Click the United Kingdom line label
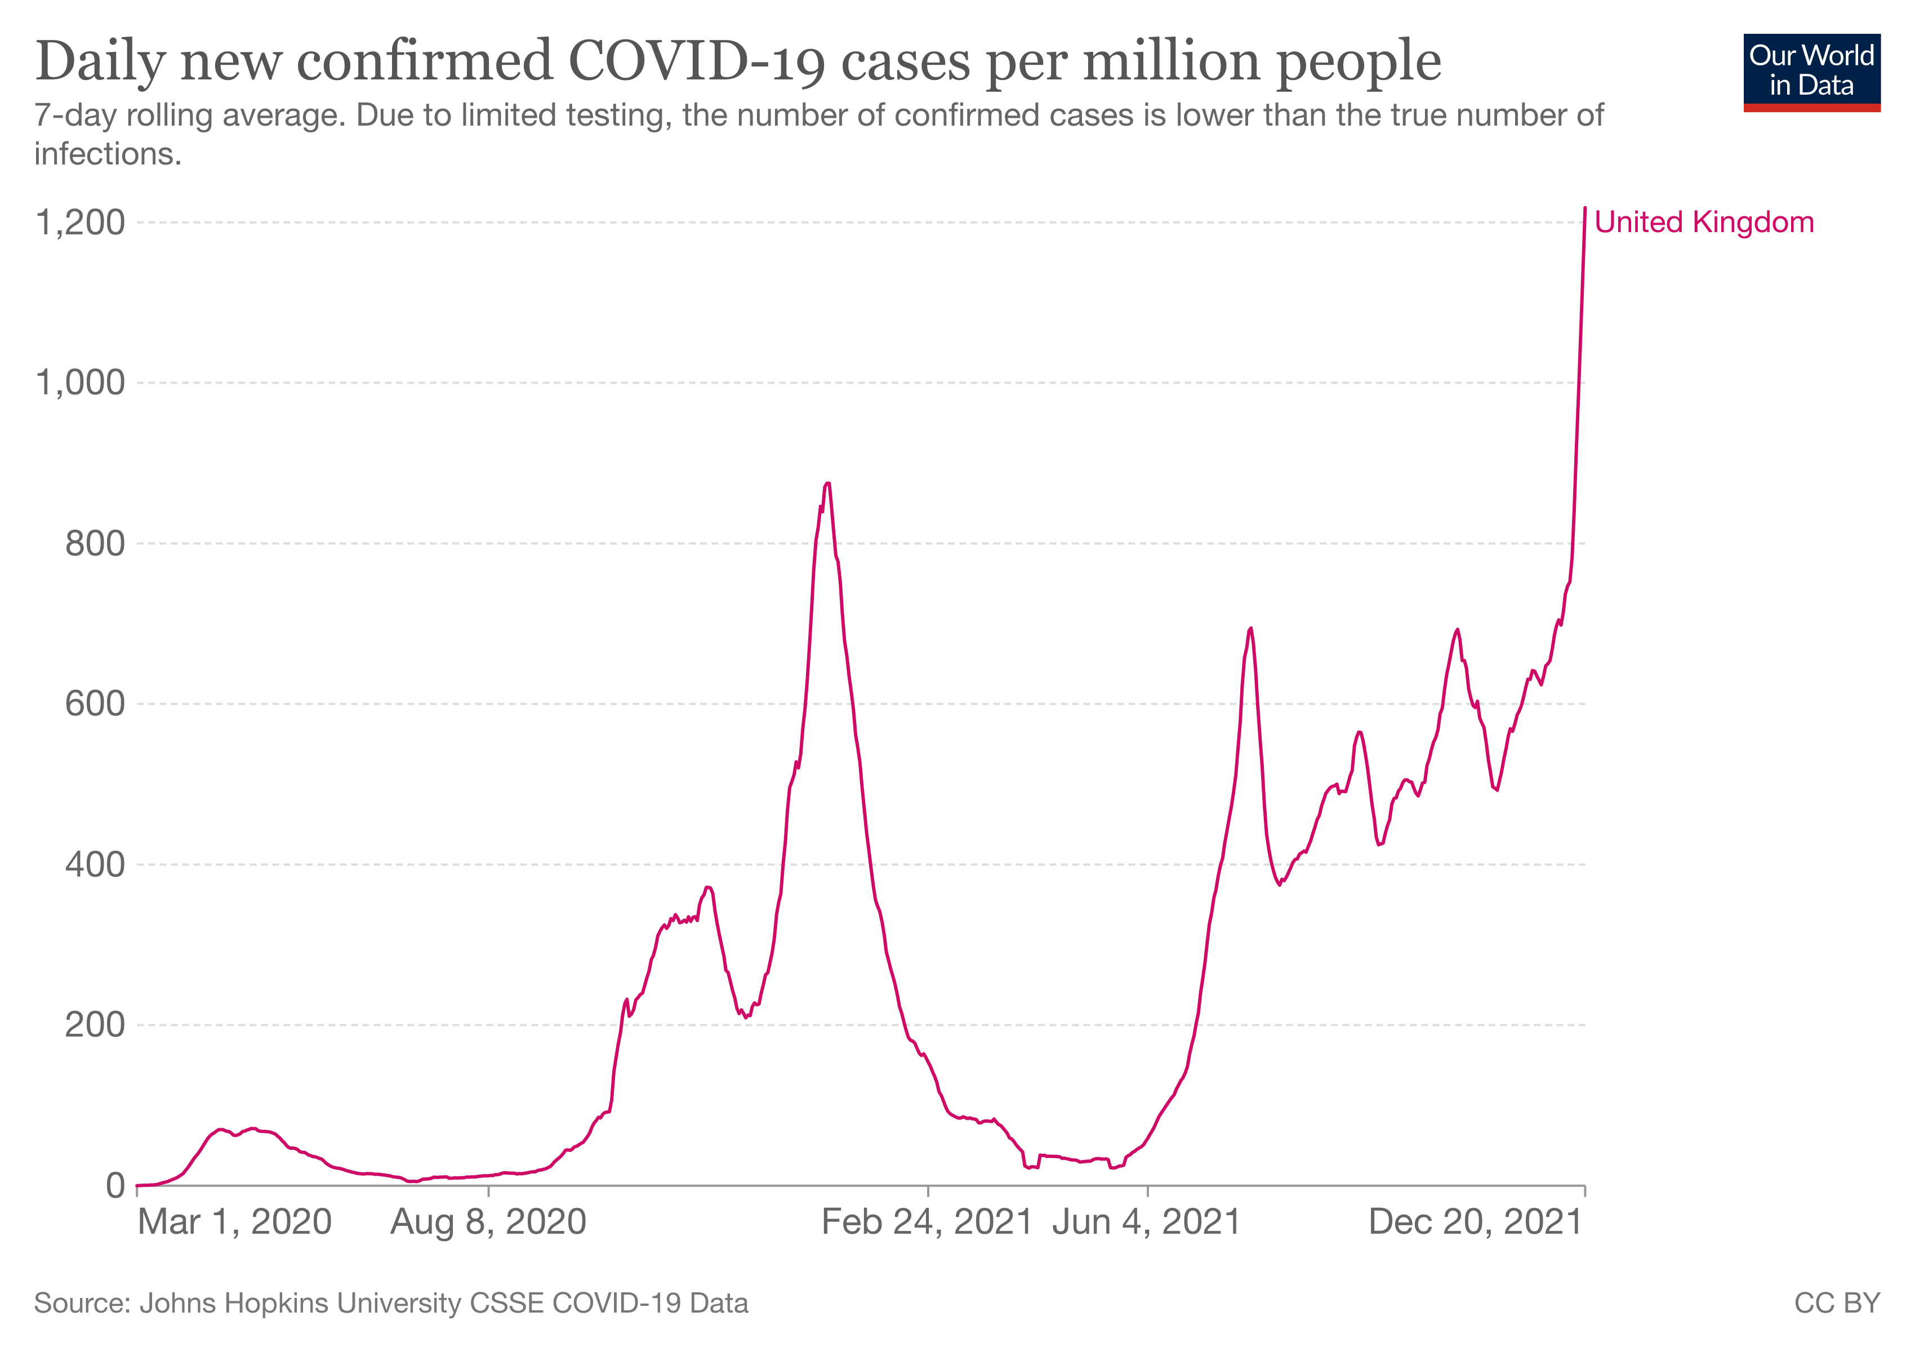(1704, 223)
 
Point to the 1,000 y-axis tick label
(80, 383)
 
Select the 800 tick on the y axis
(95, 543)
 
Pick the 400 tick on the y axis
(95, 864)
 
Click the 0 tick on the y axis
(116, 1185)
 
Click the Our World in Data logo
(1811, 73)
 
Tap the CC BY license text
(1837, 1303)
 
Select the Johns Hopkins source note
(391, 1303)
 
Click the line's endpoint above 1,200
(1585, 208)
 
